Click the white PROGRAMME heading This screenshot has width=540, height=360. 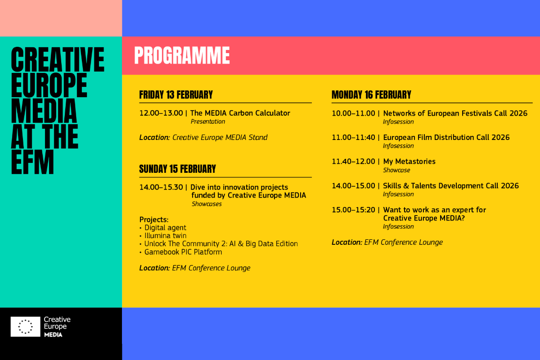tap(182, 55)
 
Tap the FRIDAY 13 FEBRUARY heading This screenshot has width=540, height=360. tap(176, 95)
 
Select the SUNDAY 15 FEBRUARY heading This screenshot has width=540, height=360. tap(177, 169)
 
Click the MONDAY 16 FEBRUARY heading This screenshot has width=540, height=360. tap(371, 95)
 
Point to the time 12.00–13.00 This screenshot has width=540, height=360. tap(161, 113)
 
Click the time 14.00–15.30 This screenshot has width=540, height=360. tap(161, 187)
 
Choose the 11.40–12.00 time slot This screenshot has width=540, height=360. tap(353, 162)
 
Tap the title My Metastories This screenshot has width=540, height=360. tap(409, 162)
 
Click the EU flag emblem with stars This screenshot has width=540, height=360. tap(25, 327)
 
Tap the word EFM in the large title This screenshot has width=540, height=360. tap(32, 162)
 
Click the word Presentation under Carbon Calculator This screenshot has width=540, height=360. tap(208, 121)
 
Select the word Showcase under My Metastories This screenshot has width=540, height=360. tap(396, 170)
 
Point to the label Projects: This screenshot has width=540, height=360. tap(154, 220)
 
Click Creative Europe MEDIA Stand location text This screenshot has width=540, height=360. tap(220, 137)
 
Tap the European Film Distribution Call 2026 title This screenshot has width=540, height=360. tap(446, 137)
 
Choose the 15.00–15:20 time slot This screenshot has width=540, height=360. tap(353, 210)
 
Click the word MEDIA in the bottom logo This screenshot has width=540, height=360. tap(53, 335)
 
